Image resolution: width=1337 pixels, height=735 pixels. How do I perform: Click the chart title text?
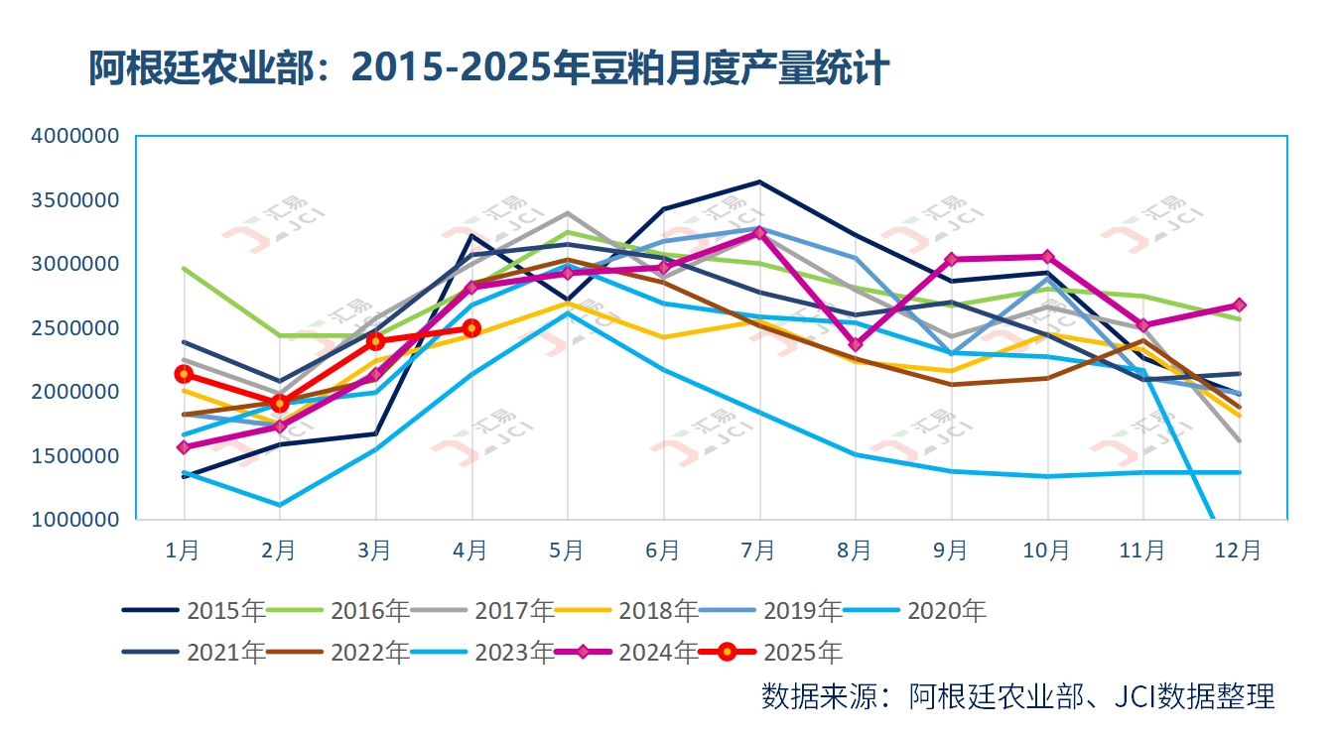click(487, 69)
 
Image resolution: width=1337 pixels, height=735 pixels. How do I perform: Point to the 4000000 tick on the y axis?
click(75, 136)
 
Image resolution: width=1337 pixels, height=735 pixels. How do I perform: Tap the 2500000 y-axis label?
click(75, 328)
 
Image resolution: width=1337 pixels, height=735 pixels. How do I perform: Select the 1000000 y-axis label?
click(75, 520)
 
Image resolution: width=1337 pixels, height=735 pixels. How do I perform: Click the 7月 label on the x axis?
click(758, 550)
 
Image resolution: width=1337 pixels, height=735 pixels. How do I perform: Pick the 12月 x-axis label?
click(1238, 550)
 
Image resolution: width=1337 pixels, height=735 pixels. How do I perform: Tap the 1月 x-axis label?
click(184, 550)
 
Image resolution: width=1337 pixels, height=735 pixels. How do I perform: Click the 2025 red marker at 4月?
click(471, 328)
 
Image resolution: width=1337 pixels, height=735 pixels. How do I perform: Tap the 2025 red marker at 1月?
click(184, 374)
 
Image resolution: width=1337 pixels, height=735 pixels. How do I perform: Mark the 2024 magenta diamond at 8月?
click(855, 344)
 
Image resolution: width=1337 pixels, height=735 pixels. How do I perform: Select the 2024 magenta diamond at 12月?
click(1239, 305)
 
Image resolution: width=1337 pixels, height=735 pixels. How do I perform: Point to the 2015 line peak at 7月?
click(759, 182)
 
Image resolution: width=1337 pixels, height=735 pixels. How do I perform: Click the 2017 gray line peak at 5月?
click(567, 212)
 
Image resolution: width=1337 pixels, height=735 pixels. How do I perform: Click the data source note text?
click(1017, 696)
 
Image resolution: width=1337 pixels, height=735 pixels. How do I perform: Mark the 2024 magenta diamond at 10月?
click(1047, 257)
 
